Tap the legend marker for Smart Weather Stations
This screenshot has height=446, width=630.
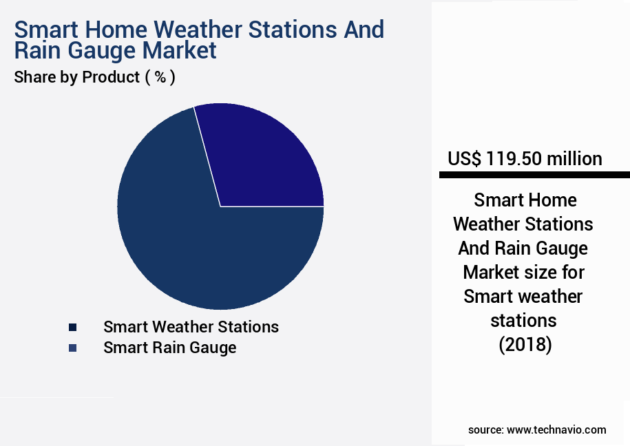(x=72, y=327)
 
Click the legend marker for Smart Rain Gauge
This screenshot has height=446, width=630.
(x=72, y=348)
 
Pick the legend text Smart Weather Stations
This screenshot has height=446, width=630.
(x=191, y=327)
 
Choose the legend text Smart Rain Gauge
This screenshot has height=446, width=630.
(x=169, y=348)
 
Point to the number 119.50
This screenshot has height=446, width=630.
(x=514, y=159)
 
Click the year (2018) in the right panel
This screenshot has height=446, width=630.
(x=525, y=344)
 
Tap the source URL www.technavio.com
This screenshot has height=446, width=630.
(x=556, y=429)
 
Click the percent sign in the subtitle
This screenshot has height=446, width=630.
(x=160, y=77)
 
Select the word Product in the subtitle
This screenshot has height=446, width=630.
(x=110, y=77)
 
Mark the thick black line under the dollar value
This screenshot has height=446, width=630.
(x=534, y=176)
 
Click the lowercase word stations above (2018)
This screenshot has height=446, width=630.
(x=523, y=320)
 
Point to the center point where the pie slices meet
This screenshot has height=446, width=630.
(x=220, y=206)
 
